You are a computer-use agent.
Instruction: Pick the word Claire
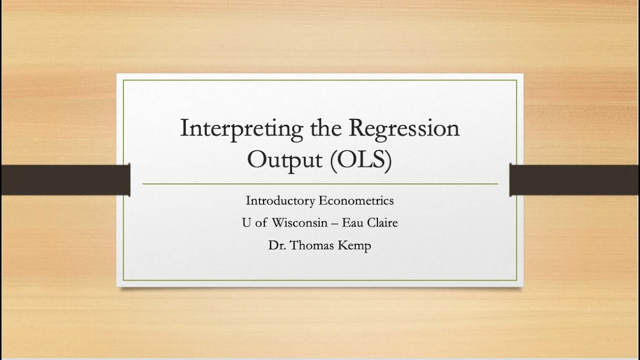click(x=383, y=223)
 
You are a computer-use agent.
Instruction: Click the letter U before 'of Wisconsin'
click(x=246, y=223)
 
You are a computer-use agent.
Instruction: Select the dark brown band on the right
click(x=574, y=179)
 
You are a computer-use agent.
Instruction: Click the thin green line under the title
click(x=320, y=184)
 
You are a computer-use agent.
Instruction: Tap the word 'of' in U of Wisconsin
click(x=261, y=223)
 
